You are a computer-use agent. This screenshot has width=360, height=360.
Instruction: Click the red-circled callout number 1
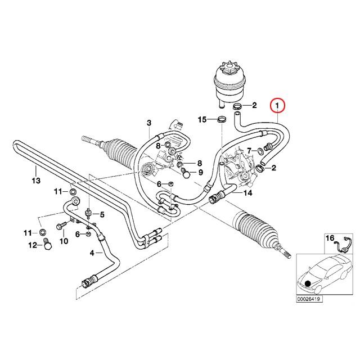[277, 106]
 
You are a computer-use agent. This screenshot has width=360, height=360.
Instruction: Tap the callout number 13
[36, 181]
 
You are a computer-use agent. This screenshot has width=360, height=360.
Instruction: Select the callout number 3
[149, 123]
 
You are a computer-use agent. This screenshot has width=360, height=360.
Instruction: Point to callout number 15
[202, 120]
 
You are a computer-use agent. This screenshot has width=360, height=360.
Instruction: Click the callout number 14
[247, 193]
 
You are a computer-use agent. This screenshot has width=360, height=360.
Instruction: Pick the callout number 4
[92, 253]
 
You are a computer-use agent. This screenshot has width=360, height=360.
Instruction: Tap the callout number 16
[330, 238]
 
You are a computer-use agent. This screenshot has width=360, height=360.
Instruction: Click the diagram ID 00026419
[309, 299]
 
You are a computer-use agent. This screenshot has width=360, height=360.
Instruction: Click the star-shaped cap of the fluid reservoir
[229, 68]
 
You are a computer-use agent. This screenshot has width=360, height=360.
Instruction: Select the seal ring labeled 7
[260, 151]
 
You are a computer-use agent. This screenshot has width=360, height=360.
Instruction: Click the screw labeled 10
[61, 226]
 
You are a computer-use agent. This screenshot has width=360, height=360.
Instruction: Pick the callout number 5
[102, 215]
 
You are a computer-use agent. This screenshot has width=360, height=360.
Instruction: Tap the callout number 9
[200, 172]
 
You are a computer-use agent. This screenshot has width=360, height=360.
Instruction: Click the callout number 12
[33, 245]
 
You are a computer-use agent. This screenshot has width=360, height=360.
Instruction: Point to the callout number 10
[64, 241]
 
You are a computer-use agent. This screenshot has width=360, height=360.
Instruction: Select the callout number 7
[250, 151]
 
